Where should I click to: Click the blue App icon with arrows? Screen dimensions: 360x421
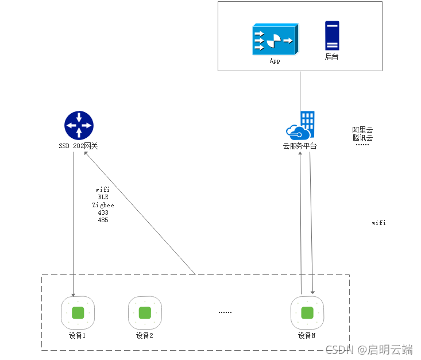pos(274,39)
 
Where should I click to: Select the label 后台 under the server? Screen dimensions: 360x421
pos(332,56)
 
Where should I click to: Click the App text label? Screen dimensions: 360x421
pos(275,60)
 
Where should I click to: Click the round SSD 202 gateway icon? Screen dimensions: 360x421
pos(79,126)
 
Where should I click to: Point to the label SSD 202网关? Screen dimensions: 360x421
pos(78,146)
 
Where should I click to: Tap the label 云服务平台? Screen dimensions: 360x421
pos(300,146)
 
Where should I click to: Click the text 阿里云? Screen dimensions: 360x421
pos(362,130)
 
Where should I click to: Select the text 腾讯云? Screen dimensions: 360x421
pos(362,138)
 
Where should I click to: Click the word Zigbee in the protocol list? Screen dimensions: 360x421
pos(103,205)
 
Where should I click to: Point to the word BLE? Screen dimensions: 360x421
pos(103,197)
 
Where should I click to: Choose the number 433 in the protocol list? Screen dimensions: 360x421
pos(103,212)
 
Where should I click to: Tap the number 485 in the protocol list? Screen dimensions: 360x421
pos(103,220)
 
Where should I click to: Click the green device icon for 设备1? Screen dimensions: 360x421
pos(78,313)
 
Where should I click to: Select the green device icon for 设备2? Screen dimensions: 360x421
pos(145,313)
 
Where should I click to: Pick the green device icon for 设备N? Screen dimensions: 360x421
pos(307,313)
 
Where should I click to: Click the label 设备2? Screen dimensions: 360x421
pos(145,335)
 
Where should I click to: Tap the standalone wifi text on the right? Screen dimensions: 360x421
pos(378,223)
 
